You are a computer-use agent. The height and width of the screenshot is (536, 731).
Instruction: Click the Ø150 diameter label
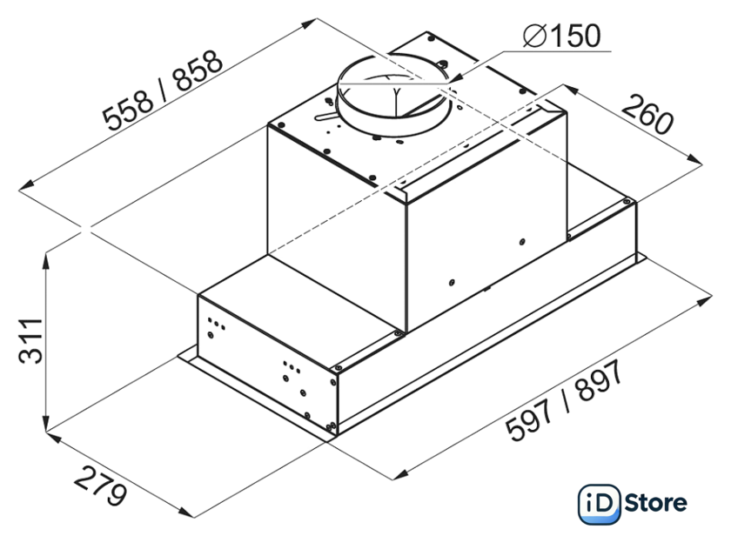pos(562,36)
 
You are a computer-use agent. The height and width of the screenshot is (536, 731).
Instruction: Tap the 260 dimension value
pos(647,114)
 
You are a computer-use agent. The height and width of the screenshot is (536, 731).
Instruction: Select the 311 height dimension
pos(30,341)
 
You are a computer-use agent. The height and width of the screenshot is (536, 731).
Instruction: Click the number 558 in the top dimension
pos(128,110)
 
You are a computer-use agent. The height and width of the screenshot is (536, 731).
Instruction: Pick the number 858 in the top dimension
pos(198,70)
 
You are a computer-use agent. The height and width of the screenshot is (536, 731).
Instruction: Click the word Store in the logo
pos(655,504)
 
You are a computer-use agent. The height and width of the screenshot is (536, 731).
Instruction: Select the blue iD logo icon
pos(599,505)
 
